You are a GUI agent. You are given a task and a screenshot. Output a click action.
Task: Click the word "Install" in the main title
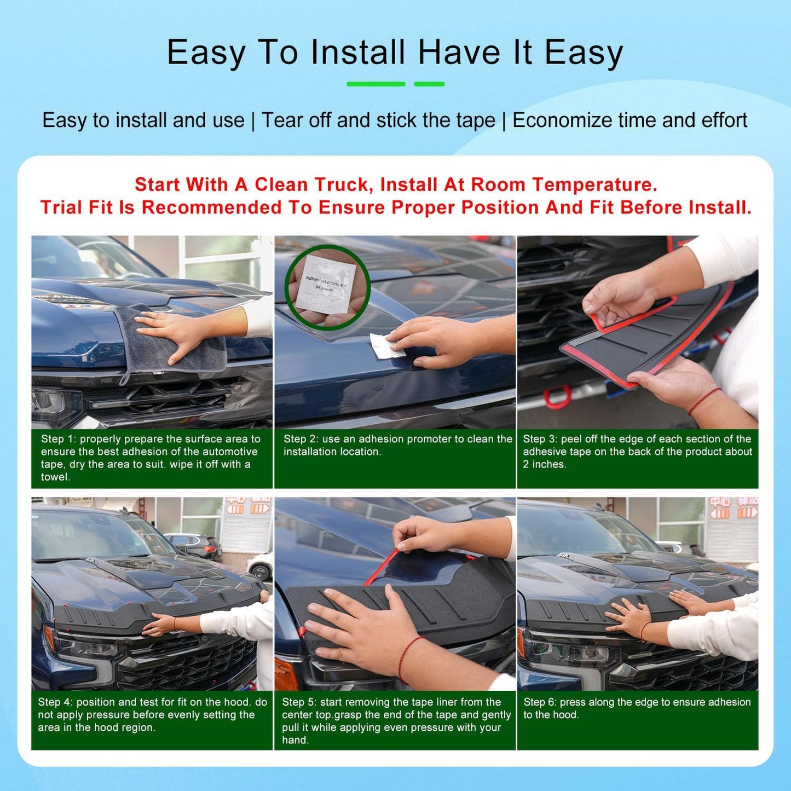coord(358,53)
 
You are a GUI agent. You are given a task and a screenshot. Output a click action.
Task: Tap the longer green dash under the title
coord(376,84)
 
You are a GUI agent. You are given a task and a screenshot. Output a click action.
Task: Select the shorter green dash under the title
coord(429,84)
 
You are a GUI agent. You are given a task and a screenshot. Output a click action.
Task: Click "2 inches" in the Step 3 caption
coord(544,464)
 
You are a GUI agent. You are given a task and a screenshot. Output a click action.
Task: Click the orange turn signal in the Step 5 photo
coord(285,673)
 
